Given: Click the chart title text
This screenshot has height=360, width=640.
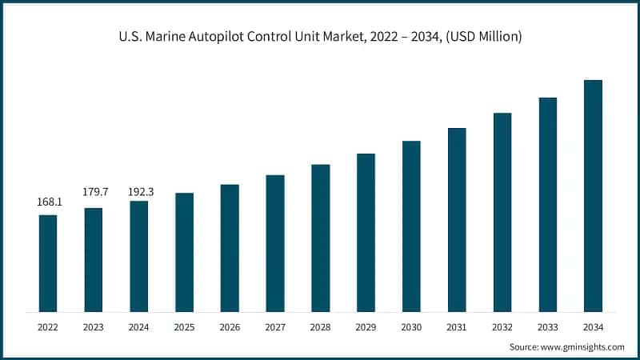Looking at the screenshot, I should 319,38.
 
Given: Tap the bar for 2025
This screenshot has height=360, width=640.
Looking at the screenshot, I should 184,252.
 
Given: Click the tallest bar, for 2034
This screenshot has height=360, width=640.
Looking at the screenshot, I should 593,196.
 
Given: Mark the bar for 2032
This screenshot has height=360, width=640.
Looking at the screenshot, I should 502,212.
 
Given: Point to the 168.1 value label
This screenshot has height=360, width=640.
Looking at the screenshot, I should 48,203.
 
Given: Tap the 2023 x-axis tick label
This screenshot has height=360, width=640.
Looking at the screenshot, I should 94,326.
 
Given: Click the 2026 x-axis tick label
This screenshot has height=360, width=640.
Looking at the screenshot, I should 230,326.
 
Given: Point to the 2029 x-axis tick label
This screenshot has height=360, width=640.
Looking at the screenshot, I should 366,326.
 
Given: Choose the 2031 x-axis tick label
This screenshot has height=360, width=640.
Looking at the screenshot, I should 457,326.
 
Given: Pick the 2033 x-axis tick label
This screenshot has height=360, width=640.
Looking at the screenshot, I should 547,326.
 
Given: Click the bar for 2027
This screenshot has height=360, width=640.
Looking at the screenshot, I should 275,243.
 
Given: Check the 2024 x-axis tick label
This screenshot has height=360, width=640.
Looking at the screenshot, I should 139,326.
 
